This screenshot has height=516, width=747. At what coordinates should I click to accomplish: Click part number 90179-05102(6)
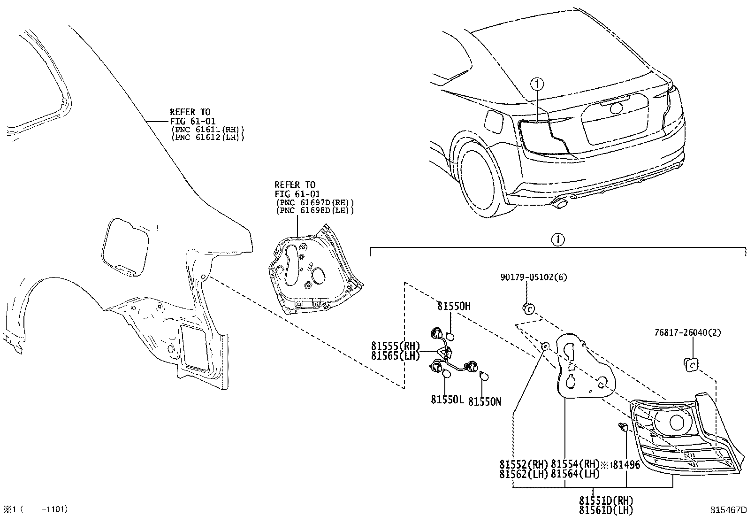click(534, 277)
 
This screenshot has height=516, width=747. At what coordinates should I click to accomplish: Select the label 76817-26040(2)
click(687, 333)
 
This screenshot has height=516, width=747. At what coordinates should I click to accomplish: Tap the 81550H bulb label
click(454, 307)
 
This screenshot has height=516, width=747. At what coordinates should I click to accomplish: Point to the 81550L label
click(447, 400)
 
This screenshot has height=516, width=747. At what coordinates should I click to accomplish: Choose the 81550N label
click(485, 401)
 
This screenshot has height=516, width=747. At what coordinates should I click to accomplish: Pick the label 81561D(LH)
click(606, 510)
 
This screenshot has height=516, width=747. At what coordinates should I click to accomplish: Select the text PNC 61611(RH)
click(208, 129)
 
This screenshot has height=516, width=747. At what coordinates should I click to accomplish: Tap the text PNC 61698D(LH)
click(314, 210)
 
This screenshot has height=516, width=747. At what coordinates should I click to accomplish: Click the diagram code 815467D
click(727, 510)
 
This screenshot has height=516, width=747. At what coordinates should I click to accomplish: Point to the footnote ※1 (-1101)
click(36, 509)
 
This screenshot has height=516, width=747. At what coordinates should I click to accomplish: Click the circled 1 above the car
click(537, 84)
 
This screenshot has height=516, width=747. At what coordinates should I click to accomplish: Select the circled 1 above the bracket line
click(557, 239)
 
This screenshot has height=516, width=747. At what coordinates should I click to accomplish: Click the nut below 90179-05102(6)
click(528, 308)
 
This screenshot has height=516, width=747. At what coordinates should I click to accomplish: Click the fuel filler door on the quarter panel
click(125, 246)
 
